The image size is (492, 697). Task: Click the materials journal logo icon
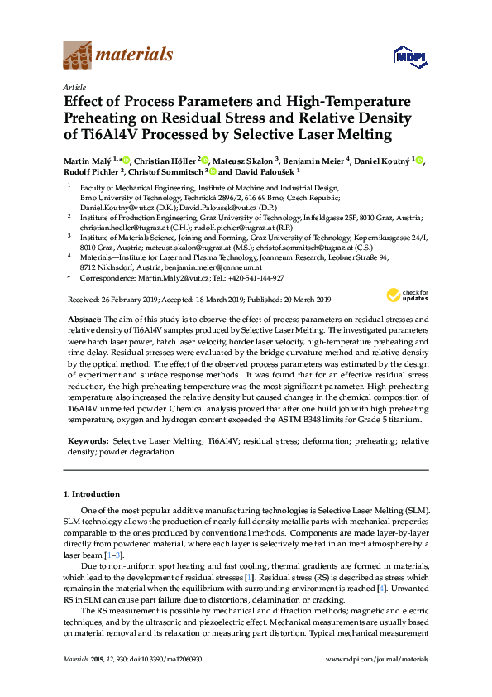coord(78,55)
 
